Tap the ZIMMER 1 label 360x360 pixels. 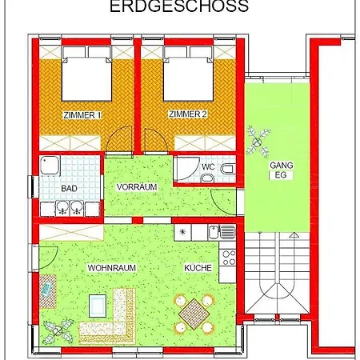82,115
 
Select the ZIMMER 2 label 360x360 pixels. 187,115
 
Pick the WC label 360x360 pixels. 207,167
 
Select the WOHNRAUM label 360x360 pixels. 110,268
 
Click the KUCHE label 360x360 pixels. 197,268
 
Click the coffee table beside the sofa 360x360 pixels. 98,305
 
